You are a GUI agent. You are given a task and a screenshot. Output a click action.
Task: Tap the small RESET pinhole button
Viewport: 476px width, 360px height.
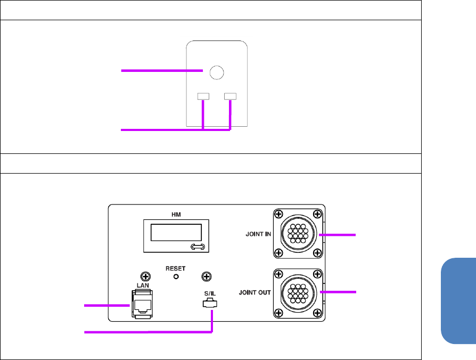pyautogui.click(x=175, y=276)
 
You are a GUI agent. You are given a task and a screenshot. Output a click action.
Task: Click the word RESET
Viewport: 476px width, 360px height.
pyautogui.click(x=175, y=268)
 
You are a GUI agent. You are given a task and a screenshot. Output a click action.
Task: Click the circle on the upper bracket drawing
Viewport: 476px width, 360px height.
pyautogui.click(x=216, y=71)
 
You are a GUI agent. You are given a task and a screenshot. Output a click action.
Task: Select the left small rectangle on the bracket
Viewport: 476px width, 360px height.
pyautogui.click(x=203, y=96)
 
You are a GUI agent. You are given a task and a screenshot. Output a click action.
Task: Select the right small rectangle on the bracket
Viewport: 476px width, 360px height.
pyautogui.click(x=231, y=96)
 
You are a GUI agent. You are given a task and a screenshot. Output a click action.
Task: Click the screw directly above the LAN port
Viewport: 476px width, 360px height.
pyautogui.click(x=143, y=276)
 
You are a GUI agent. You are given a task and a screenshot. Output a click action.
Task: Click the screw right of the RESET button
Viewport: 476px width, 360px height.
pyautogui.click(x=208, y=276)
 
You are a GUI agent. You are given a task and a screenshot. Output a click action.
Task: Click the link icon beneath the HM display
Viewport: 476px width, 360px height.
pyautogui.click(x=197, y=247)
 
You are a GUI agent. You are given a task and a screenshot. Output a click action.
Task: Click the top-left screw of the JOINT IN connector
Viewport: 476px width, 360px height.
pyautogui.click(x=277, y=214)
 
